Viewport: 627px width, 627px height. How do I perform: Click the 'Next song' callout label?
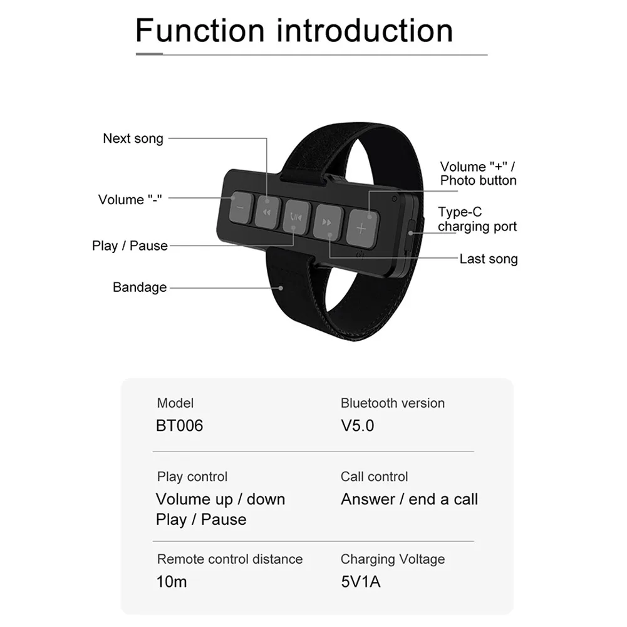(x=133, y=138)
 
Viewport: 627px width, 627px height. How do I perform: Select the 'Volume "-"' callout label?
(x=130, y=200)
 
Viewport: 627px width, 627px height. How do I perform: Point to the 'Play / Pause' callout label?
(x=130, y=246)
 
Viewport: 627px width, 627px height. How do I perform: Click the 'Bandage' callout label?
(x=140, y=288)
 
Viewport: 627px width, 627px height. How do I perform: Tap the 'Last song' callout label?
(x=489, y=259)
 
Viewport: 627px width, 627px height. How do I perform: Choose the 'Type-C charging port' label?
(x=477, y=219)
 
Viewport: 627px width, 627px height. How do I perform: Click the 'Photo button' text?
(x=479, y=180)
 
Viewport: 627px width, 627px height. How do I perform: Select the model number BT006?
(x=179, y=426)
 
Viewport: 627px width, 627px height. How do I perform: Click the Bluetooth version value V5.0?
(x=358, y=426)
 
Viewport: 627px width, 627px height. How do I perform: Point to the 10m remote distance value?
(x=172, y=582)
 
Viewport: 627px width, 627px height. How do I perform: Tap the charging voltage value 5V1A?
(x=361, y=582)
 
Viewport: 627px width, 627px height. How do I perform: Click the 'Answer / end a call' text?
(x=409, y=499)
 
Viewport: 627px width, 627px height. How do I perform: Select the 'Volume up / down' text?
(x=220, y=499)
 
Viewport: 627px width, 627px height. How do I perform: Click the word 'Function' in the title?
(x=200, y=30)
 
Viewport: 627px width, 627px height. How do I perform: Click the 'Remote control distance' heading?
(x=229, y=559)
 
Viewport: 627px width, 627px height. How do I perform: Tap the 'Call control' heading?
(x=374, y=477)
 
